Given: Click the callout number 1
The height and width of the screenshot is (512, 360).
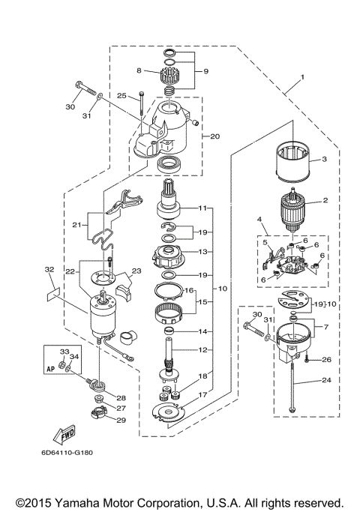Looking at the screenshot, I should coord(302,76).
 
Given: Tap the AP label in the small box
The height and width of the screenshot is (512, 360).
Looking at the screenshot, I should coord(51,369).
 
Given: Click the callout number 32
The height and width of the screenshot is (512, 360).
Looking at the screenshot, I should coord(49,269).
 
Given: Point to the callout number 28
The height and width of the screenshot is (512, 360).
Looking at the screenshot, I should coord(121,397).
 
